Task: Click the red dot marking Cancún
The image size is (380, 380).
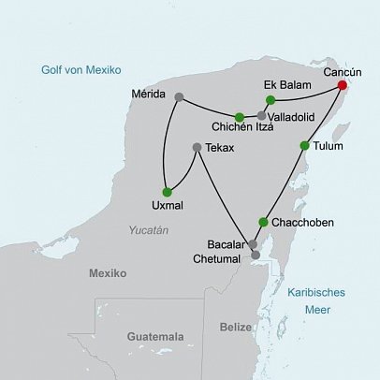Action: (342, 85)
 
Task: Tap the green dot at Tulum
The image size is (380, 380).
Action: (303, 145)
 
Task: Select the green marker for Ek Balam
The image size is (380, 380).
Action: (270, 100)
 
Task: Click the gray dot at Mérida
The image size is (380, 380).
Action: (178, 95)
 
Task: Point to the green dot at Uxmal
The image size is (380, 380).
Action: (167, 192)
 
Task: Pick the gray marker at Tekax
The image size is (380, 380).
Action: (196, 147)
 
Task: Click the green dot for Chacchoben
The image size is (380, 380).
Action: (263, 222)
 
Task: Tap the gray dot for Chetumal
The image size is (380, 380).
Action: (256, 255)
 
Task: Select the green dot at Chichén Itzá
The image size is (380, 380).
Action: (240, 117)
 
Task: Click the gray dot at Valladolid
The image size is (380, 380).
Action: (261, 115)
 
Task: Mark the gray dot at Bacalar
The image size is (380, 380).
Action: (252, 244)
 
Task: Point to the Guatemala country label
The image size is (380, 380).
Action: (155, 336)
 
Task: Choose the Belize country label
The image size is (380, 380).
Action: (235, 327)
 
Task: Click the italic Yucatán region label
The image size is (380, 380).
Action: (149, 229)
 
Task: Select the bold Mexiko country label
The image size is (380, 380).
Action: (107, 273)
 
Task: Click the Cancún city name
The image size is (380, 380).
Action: (342, 71)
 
